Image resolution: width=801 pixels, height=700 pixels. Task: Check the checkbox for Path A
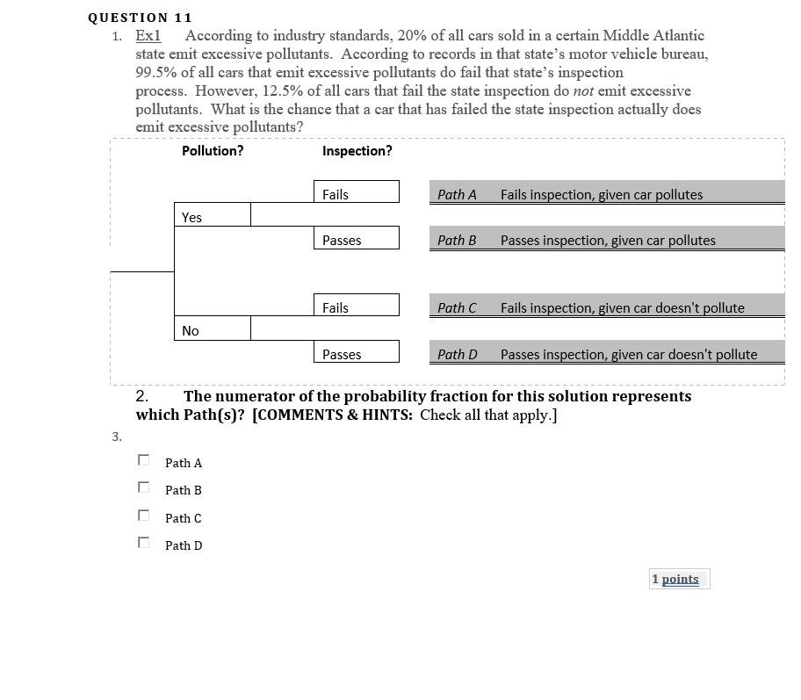144,460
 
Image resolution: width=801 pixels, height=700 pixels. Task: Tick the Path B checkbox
144,487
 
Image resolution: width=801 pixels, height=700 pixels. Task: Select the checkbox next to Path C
144,516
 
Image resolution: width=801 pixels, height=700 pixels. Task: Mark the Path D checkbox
144,543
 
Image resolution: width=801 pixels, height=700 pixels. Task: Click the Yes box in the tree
212,216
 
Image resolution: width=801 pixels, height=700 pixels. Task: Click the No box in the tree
212,329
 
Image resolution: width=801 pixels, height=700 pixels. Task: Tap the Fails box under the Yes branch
356,193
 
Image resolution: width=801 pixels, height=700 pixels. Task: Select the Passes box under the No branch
356,353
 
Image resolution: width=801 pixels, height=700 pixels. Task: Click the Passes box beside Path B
356,239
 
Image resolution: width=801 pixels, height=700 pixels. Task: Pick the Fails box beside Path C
356,307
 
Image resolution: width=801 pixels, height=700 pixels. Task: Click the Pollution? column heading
213,151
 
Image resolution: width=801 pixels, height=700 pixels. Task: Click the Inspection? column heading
357,151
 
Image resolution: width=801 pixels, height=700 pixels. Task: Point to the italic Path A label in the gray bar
457,194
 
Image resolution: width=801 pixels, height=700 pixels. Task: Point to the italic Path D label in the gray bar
457,354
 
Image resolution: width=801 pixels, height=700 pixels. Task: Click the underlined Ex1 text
148,36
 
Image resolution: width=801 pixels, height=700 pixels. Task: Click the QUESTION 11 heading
141,18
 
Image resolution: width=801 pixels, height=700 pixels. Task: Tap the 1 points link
679,579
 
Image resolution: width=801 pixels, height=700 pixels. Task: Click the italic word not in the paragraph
583,90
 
